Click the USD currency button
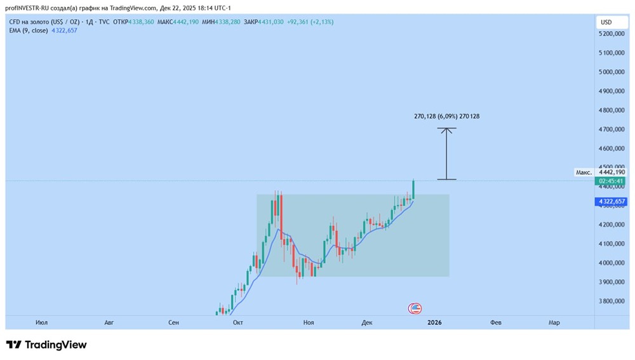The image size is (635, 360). [606, 22]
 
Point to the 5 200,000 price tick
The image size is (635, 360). [612, 34]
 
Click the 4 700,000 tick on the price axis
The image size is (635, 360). [612, 129]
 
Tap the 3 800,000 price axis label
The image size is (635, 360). [612, 301]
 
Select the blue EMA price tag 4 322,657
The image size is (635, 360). [611, 202]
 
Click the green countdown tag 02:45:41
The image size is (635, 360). [611, 181]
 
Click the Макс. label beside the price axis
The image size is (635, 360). [584, 172]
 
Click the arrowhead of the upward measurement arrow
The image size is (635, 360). [447, 130]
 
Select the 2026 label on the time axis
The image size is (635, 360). [434, 322]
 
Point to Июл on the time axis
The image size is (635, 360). [42, 322]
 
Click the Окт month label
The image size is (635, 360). [238, 322]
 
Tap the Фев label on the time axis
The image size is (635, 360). [496, 322]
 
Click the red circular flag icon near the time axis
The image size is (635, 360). [414, 308]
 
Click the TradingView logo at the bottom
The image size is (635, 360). [46, 345]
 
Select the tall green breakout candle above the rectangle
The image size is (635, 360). [413, 189]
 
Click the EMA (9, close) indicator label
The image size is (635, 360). [29, 31]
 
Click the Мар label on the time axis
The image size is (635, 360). [554, 322]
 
